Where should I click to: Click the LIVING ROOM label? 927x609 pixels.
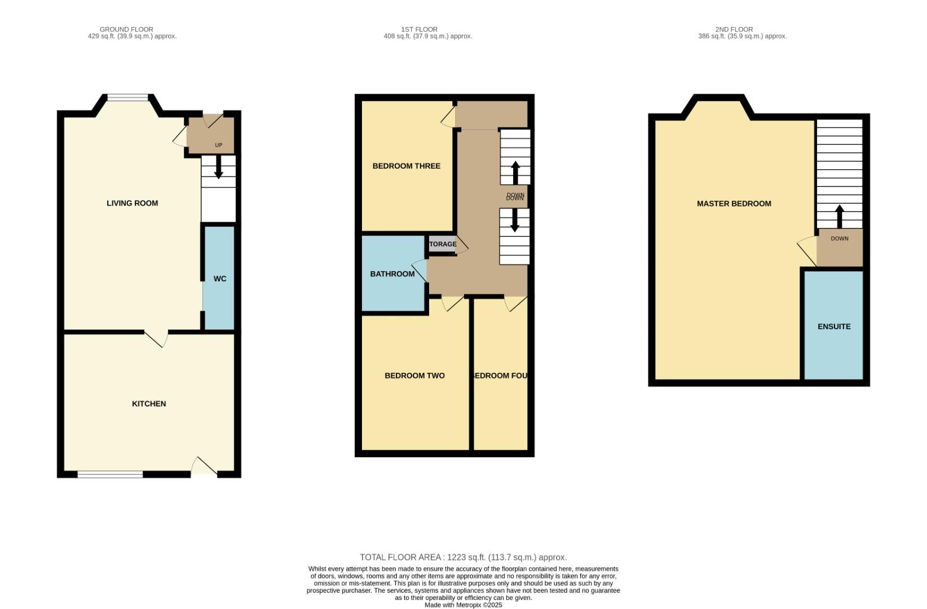[133, 203]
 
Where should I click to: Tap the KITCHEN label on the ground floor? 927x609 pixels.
[149, 404]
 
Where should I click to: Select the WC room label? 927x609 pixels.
[220, 279]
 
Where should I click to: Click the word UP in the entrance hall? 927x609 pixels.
[219, 145]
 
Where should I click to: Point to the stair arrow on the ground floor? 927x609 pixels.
[219, 167]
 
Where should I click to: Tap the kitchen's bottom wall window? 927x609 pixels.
[110, 475]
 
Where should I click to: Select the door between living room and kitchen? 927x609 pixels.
[157, 338]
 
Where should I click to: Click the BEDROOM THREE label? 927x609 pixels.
[406, 166]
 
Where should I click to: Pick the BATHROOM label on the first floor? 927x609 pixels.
[392, 274]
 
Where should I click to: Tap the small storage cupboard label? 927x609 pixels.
[443, 244]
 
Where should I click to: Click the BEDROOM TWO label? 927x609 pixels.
[414, 376]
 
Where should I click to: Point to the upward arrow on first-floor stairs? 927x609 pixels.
[515, 172]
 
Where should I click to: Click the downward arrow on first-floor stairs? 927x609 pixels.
[514, 220]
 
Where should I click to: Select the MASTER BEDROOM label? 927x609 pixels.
[734, 204]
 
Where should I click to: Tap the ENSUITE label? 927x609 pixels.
[834, 326]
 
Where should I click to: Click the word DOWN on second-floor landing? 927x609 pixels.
[839, 239]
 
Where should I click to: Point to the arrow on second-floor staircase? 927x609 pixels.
[839, 216]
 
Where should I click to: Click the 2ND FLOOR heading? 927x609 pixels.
[734, 29]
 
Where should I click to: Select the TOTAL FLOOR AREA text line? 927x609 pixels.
[463, 557]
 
